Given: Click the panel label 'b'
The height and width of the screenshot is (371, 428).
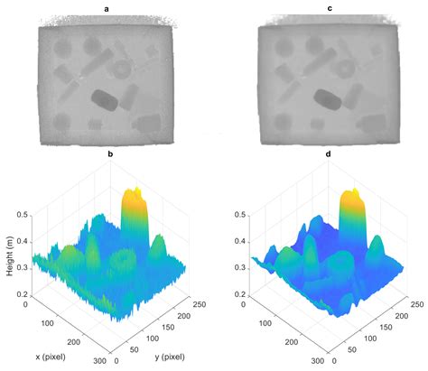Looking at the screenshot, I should tap(109, 155).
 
